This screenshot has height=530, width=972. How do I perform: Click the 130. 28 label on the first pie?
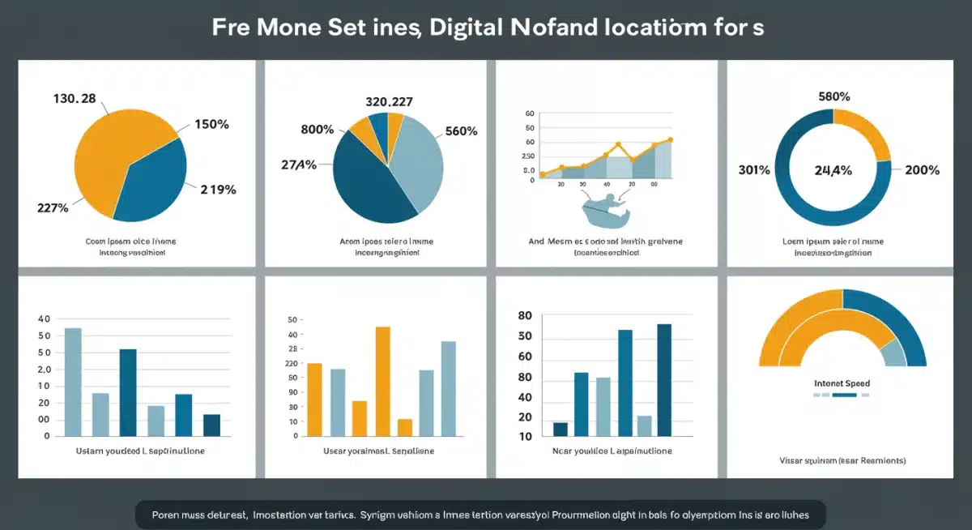[x=75, y=99]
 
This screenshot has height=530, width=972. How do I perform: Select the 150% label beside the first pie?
[x=211, y=125]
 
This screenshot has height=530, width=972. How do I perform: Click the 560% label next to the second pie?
[x=461, y=131]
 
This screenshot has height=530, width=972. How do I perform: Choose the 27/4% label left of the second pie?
[x=297, y=165]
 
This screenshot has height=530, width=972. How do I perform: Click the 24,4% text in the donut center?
[x=833, y=170]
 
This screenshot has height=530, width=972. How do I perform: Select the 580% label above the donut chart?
[x=834, y=96]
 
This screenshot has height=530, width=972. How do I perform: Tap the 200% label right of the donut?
[x=922, y=170]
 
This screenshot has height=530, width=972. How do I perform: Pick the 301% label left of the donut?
[x=753, y=170]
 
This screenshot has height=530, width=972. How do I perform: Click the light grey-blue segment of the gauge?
[x=893, y=353]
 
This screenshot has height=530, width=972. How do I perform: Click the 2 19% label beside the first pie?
[x=218, y=190]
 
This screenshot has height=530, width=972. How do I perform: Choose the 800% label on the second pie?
[x=318, y=130]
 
